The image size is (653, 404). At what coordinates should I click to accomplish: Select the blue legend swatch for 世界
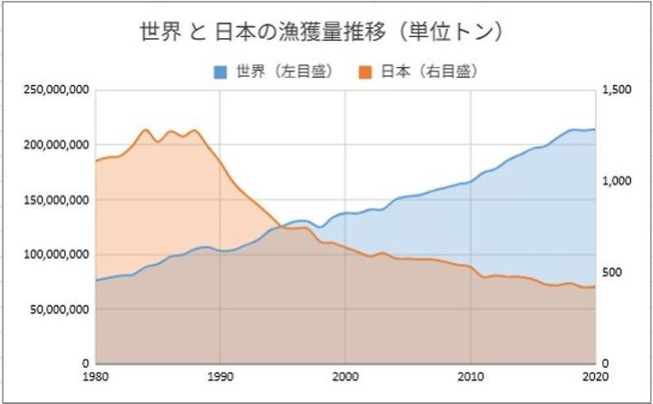point(219,71)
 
